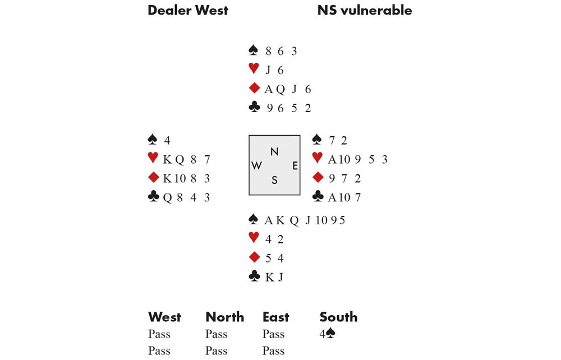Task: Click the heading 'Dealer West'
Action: pyautogui.click(x=188, y=10)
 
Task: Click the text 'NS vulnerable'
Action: pyautogui.click(x=365, y=10)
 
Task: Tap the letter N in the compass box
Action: pyautogui.click(x=274, y=151)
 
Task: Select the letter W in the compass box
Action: pyautogui.click(x=257, y=165)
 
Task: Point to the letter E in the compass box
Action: pyautogui.click(x=295, y=165)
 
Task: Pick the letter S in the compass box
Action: pyautogui.click(x=274, y=180)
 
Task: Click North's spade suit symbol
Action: pyautogui.click(x=253, y=50)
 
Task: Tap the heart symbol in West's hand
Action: pyautogui.click(x=153, y=159)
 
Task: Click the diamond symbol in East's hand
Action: pyautogui.click(x=318, y=178)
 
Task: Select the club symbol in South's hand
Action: pyautogui.click(x=254, y=276)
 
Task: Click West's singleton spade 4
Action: pyautogui.click(x=167, y=140)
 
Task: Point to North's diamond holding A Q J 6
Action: pyautogui.click(x=288, y=89)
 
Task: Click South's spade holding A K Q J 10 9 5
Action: pyautogui.click(x=305, y=220)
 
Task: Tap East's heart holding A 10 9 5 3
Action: pyautogui.click(x=358, y=159)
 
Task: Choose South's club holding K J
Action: pyautogui.click(x=274, y=277)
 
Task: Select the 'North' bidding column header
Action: pyautogui.click(x=224, y=317)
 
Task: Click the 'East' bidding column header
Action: pyautogui.click(x=276, y=317)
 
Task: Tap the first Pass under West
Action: pyautogui.click(x=159, y=334)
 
